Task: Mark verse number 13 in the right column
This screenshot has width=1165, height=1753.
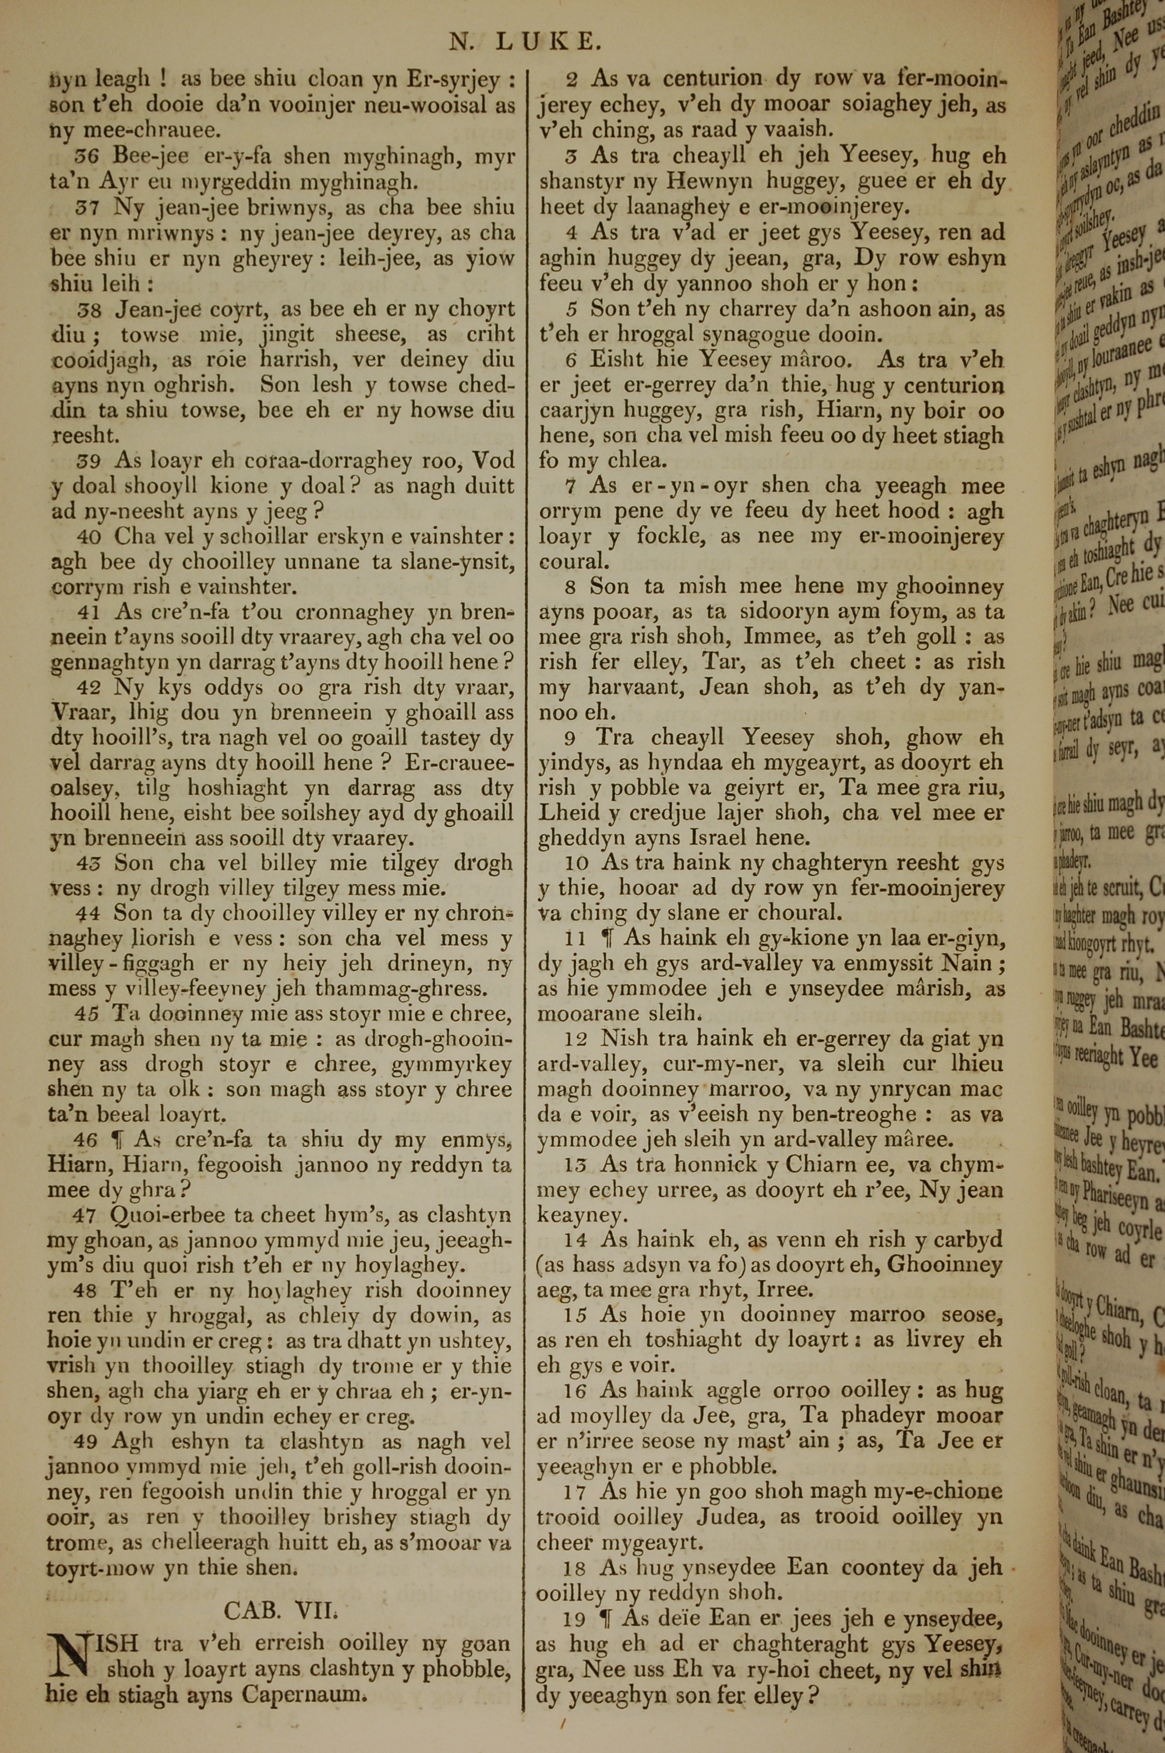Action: pos(576,1164)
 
